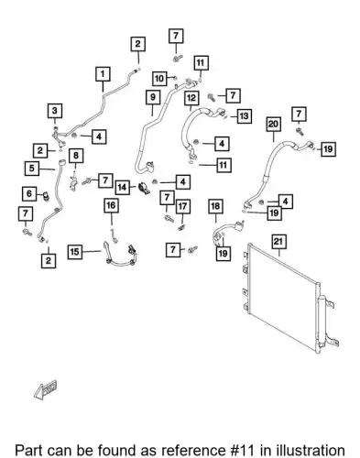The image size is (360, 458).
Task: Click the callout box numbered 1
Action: coord(103,74)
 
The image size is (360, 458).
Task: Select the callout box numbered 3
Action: coord(55,111)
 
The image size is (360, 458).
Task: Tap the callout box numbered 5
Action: coord(32,169)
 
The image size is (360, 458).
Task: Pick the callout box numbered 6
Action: coord(29,193)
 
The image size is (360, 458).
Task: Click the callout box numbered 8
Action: coord(76,156)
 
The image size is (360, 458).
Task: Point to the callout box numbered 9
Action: coord(153,97)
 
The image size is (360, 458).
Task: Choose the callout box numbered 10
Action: coord(159,79)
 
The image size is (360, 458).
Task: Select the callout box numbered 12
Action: coord(191,98)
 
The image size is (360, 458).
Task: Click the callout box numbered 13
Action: coord(244,116)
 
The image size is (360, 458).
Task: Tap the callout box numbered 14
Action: coord(122,187)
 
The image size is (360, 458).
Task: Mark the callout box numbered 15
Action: coord(75,252)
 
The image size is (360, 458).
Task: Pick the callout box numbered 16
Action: coord(111,205)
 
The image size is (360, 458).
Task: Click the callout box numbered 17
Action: coord(182,207)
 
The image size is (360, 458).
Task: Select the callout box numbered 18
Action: coord(215,206)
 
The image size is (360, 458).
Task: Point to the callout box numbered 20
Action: coord(273,125)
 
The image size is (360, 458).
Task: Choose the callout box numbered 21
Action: coord(278,242)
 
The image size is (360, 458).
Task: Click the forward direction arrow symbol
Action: coord(46,390)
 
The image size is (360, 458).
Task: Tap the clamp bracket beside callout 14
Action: coord(144,189)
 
